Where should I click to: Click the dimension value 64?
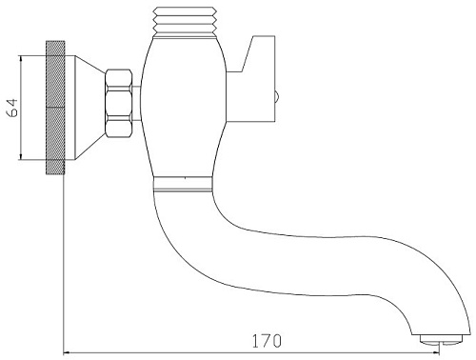[13, 108]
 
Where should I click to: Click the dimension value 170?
[267, 341]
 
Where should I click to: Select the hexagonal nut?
[119, 103]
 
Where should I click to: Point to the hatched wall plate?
[55, 108]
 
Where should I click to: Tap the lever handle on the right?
[250, 79]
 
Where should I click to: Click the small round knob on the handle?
[277, 96]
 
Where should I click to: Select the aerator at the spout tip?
[440, 339]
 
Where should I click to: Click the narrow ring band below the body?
[183, 184]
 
